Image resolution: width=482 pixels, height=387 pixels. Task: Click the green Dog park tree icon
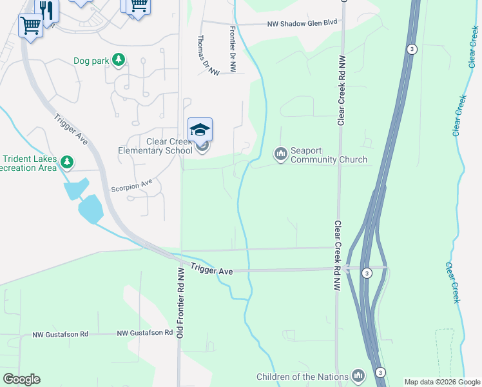tap(118, 61)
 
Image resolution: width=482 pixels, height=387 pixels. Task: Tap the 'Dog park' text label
tap(90, 61)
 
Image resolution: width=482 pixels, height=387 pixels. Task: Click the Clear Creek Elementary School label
tap(155, 146)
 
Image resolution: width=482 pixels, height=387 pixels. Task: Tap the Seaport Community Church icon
tap(280, 154)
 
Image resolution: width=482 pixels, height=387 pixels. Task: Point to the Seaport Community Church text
tap(329, 155)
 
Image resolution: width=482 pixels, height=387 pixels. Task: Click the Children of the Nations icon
tap(358, 376)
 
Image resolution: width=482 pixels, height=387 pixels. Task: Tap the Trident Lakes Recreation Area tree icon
tap(67, 161)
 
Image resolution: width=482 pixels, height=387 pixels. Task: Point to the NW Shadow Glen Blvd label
tap(303, 23)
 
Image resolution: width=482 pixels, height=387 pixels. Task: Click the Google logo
tap(21, 379)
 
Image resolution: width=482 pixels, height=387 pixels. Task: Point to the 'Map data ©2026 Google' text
tap(441, 382)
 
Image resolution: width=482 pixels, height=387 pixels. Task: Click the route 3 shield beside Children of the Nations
tap(381, 372)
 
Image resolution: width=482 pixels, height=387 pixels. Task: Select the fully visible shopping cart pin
tap(30, 26)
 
